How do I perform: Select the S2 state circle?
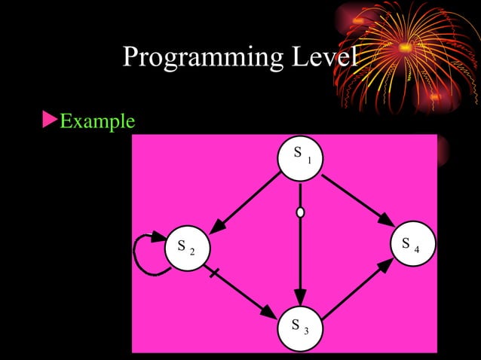click(186, 248)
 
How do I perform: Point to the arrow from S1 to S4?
click(357, 200)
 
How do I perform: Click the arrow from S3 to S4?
click(357, 288)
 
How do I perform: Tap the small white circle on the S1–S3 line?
click(301, 213)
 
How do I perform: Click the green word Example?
click(97, 121)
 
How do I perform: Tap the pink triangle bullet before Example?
click(49, 119)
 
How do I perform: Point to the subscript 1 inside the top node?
click(309, 160)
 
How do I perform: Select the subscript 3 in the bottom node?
click(306, 330)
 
